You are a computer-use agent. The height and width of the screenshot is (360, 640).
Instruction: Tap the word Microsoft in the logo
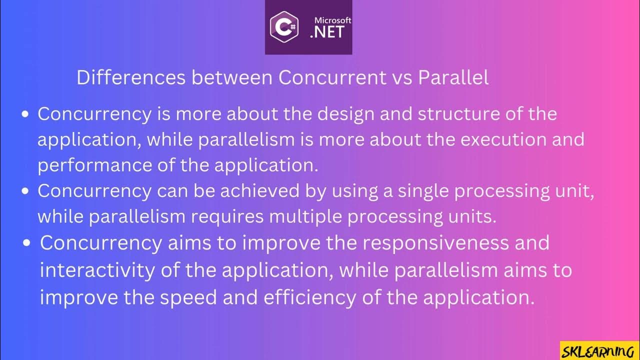[332, 20]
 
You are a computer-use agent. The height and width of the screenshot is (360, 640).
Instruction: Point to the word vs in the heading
[400, 77]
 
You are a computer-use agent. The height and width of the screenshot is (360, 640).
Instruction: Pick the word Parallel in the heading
[453, 77]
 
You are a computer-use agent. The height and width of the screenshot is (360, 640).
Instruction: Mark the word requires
[227, 217]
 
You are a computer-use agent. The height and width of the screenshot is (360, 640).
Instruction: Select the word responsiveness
[455, 243]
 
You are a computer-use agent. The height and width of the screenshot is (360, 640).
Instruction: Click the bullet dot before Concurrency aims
[28, 243]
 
